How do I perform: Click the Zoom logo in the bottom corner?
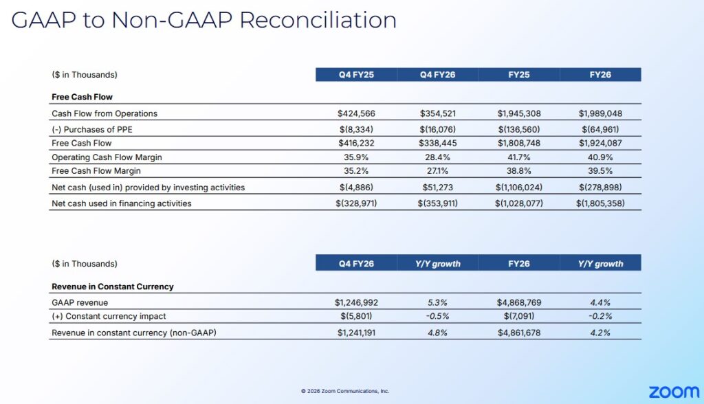click(674, 392)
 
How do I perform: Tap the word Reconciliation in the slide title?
click(318, 20)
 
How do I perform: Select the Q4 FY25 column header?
click(356, 75)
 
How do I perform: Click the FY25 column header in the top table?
click(519, 75)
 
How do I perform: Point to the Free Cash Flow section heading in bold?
click(82, 97)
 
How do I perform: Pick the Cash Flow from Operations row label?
click(104, 113)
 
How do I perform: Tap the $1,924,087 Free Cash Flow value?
click(600, 143)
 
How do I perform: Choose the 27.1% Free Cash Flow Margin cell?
click(438, 172)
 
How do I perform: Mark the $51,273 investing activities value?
click(438, 187)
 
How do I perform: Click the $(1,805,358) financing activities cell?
click(600, 203)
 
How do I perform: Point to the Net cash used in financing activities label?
click(122, 203)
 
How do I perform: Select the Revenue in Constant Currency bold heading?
click(113, 287)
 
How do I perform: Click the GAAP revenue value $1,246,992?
click(356, 302)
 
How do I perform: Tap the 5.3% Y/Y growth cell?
click(438, 302)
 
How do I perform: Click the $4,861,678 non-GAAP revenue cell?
click(519, 333)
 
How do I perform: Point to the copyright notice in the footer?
click(345, 391)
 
